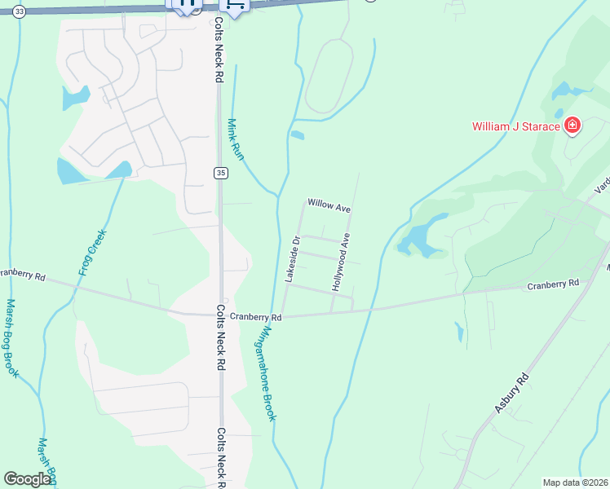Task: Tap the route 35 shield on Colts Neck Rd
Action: coord(220,172)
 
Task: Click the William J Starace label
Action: coord(516,126)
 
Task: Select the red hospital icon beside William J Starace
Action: coord(572,126)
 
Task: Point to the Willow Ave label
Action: coord(329,205)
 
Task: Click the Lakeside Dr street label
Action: coord(293,259)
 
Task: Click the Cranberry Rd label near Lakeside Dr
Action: coord(255,316)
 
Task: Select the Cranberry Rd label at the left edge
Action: coord(22,274)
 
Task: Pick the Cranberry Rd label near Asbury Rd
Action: coord(552,284)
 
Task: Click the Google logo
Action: coord(27,479)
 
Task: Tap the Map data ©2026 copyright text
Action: coord(575,482)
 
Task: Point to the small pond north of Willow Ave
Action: coord(297,135)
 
